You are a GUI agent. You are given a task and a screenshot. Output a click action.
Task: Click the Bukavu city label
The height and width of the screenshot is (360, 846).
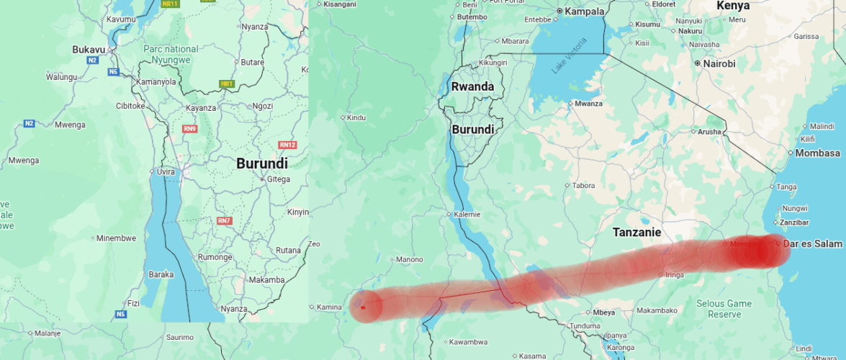coord(89,49)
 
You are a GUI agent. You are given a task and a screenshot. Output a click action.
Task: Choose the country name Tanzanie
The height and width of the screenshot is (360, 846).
coord(636,233)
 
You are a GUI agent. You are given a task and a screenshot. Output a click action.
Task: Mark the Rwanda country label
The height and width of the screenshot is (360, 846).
coord(472,86)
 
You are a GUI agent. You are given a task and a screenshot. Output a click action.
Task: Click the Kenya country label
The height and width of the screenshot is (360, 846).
coord(733,6)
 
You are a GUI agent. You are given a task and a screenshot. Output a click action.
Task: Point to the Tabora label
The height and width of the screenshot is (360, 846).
coord(583,186)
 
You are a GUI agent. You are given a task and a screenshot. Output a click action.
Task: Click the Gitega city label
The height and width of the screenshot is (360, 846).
coord(279,179)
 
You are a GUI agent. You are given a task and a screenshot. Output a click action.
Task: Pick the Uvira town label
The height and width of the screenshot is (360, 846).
coord(166,171)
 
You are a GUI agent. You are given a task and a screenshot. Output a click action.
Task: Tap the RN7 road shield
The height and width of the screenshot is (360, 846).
coord(225,220)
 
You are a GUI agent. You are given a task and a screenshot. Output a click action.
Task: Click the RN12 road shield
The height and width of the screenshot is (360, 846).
coord(288,145)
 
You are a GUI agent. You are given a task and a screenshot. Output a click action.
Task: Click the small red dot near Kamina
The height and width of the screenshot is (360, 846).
coord(363,307)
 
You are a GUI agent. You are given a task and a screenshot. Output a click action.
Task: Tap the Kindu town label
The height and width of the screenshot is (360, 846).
coord(356,117)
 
